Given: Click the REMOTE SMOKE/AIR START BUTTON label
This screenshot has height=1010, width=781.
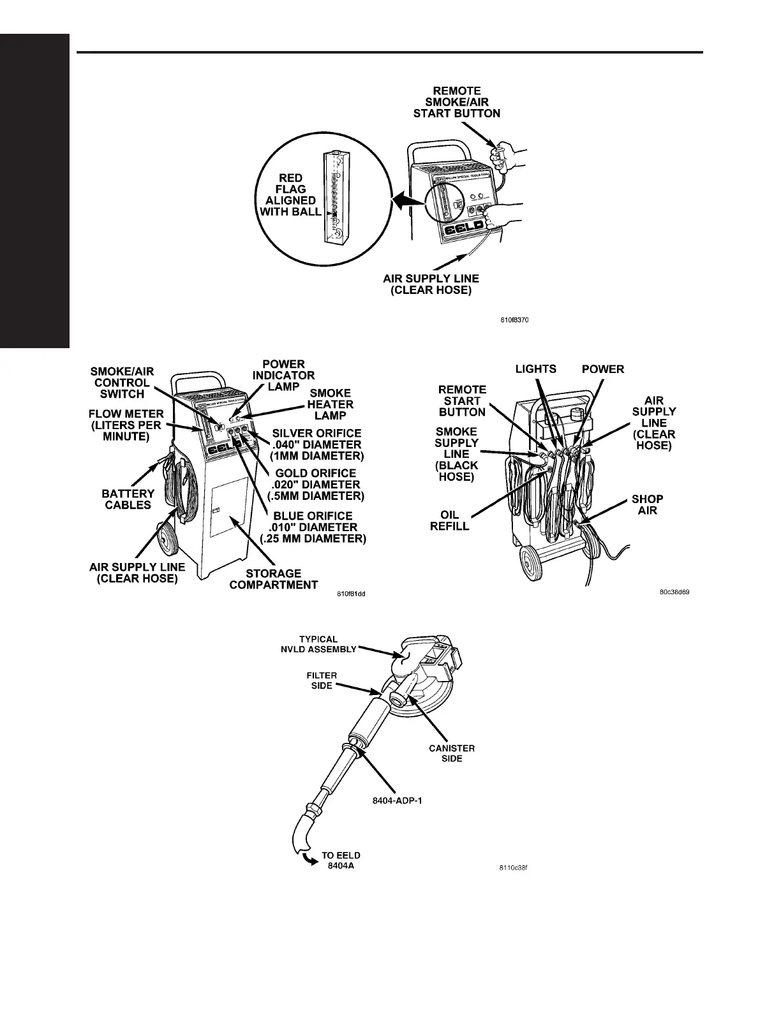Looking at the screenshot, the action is [456, 102].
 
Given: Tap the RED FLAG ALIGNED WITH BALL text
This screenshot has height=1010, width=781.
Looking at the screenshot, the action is [291, 195].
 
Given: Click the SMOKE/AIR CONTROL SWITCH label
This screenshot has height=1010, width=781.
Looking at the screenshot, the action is [122, 383].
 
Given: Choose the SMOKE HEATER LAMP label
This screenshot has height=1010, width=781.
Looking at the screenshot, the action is [330, 404].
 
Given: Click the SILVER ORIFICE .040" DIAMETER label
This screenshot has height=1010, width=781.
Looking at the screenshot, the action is [316, 444].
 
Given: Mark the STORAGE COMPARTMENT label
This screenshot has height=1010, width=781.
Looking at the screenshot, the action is [273, 579].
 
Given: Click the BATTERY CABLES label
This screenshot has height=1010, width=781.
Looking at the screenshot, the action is [128, 499].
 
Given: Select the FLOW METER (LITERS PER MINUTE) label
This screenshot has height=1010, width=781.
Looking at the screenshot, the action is [126, 425].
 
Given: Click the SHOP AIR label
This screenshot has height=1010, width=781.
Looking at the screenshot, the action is [647, 504].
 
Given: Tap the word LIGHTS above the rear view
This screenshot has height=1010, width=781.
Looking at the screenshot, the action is [536, 369].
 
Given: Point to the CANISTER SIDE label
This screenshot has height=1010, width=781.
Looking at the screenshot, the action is [452, 753].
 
